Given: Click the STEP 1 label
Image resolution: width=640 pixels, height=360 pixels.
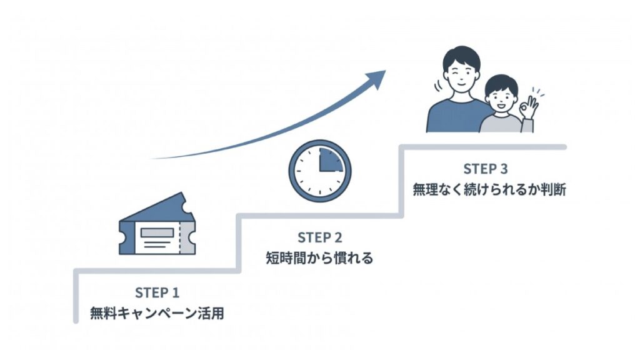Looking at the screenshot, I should (x=157, y=292).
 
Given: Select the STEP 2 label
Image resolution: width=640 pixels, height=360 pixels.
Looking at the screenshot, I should (x=320, y=237).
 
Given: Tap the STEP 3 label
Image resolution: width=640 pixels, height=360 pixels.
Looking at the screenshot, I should (x=485, y=169).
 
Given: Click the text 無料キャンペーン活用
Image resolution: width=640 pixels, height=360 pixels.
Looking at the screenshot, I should (x=157, y=312).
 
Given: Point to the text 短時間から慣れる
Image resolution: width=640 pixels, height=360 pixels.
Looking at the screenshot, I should (x=320, y=257).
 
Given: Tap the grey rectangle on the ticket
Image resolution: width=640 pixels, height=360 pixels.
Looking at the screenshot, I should (x=157, y=232).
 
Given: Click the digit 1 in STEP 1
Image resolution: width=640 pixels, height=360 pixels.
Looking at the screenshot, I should (x=176, y=292).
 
